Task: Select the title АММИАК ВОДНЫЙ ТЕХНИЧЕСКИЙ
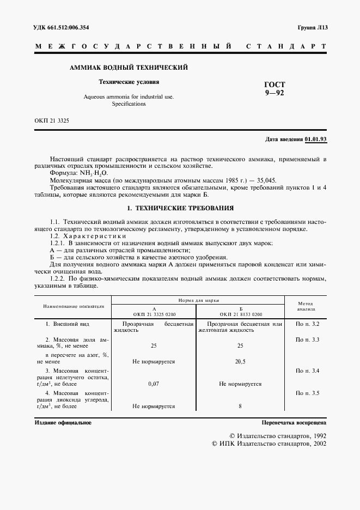click(x=129, y=68)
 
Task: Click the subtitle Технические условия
click(x=129, y=82)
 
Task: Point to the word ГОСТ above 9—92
click(x=274, y=85)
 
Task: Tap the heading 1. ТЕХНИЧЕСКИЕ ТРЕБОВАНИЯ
click(x=180, y=208)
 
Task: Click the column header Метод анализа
click(x=306, y=306)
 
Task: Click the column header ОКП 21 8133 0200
click(x=241, y=314)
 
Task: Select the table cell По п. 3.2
click(x=307, y=325)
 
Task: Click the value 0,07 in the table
click(x=154, y=384)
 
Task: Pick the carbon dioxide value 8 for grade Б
click(x=241, y=406)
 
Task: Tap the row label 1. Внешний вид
click(x=64, y=325)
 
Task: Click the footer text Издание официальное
click(x=63, y=422)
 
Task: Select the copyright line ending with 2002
click(x=268, y=444)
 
